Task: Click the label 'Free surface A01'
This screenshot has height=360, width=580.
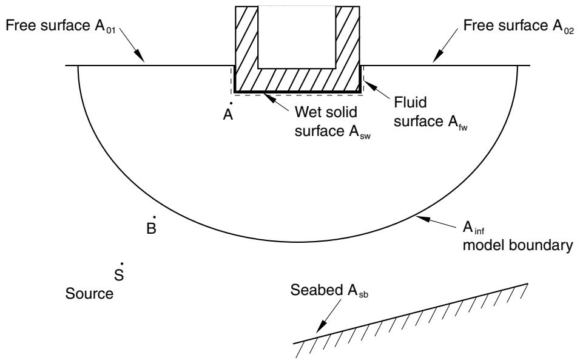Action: (61, 26)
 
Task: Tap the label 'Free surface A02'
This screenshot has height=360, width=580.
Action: (519, 26)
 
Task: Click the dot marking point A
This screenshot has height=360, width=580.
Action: (231, 103)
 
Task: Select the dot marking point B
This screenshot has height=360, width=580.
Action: (154, 217)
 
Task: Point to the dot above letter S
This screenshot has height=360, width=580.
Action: (122, 264)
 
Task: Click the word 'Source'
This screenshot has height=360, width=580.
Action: (89, 294)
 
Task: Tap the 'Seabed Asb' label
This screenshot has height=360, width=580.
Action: (329, 290)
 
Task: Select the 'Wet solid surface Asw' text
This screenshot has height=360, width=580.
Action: (332, 122)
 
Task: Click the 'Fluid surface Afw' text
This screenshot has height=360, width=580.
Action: (431, 112)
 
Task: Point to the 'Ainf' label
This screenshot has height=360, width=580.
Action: (474, 228)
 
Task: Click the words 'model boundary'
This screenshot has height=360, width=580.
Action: (518, 245)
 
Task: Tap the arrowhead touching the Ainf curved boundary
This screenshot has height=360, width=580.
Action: (422, 219)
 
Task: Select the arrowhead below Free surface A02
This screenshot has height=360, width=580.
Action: (437, 56)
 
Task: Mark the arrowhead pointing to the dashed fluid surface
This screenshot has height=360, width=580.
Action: (371, 85)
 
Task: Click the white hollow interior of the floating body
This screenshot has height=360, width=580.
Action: (297, 37)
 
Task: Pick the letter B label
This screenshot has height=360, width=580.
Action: (151, 229)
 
